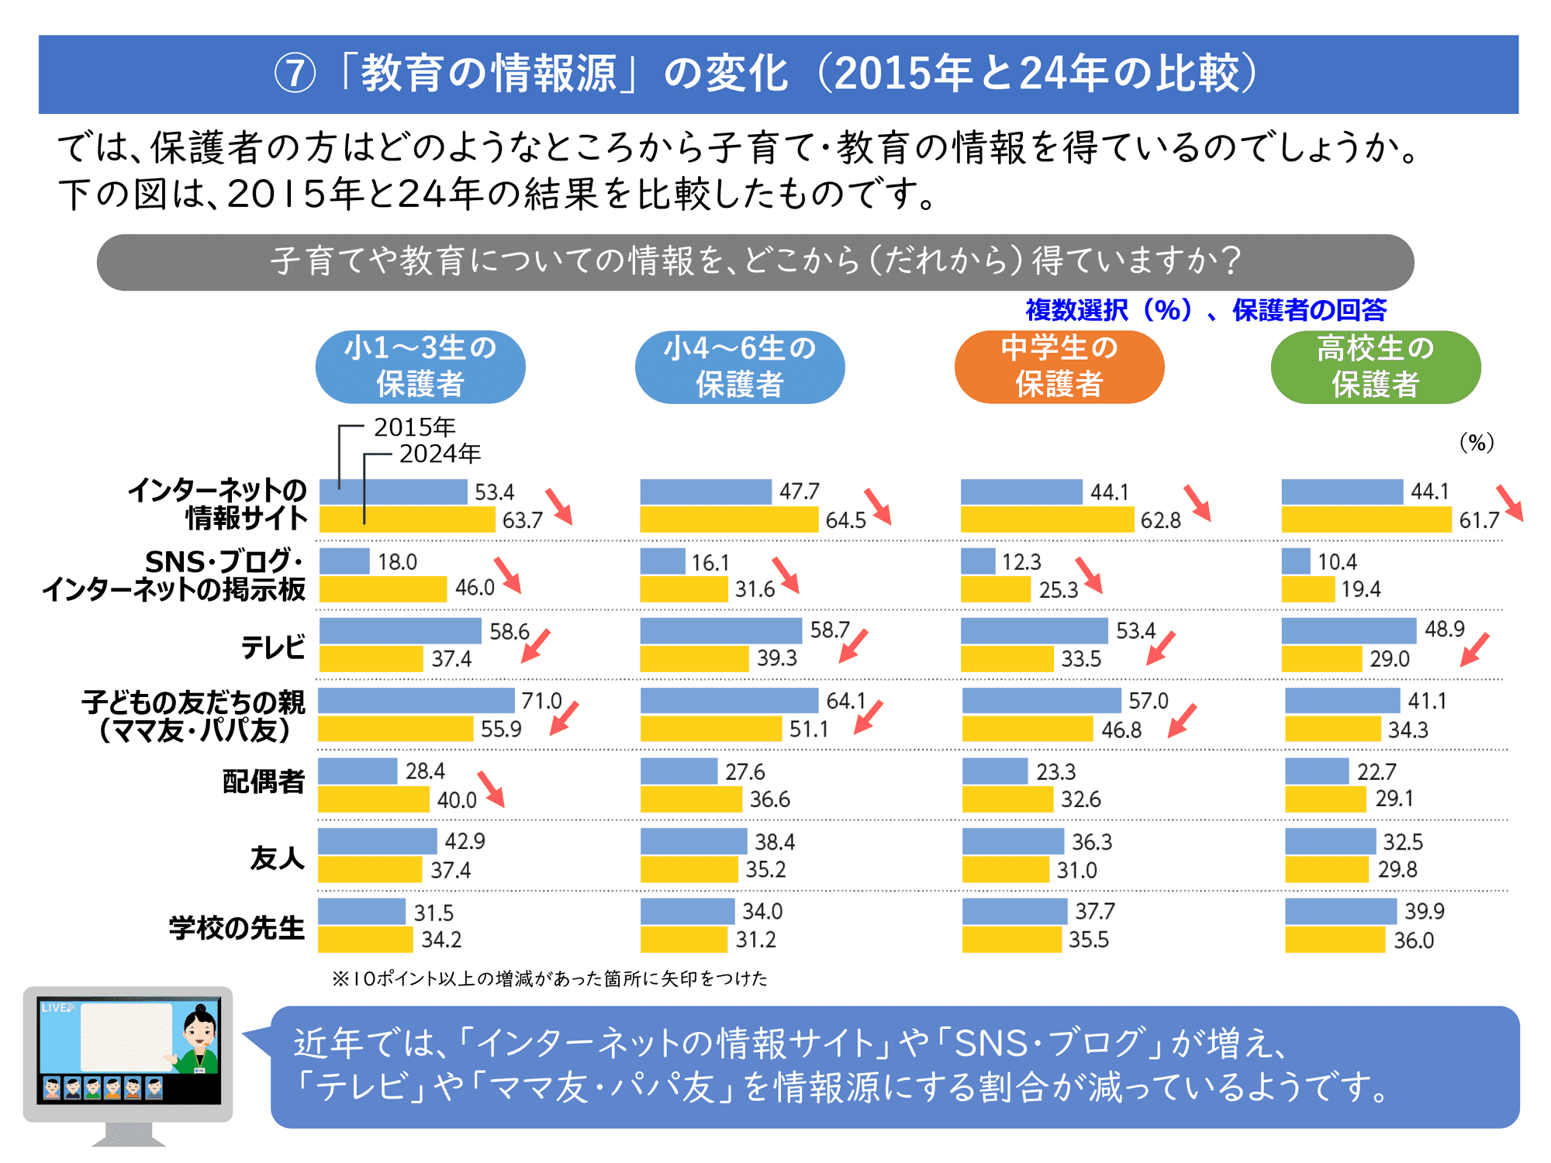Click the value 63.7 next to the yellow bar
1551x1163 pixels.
[522, 520]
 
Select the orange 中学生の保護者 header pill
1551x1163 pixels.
[1059, 367]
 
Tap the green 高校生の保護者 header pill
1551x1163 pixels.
[1375, 367]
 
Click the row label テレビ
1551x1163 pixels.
[273, 647]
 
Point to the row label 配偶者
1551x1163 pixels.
[264, 782]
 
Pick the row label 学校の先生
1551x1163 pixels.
[237, 927]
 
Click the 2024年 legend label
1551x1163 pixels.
[440, 454]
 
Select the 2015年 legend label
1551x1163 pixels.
[414, 426]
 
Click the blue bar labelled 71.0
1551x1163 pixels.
[416, 700]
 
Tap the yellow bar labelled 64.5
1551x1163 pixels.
[729, 519]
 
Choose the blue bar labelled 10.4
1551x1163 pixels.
[1296, 561]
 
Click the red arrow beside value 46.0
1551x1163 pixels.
[508, 575]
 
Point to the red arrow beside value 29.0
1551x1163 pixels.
[1474, 649]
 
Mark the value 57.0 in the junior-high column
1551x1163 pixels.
[1148, 701]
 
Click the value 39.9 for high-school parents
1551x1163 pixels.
[1424, 911]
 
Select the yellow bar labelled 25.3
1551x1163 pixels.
[996, 589]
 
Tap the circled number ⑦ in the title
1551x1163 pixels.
[295, 74]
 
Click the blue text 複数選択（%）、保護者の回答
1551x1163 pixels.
[1206, 310]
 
